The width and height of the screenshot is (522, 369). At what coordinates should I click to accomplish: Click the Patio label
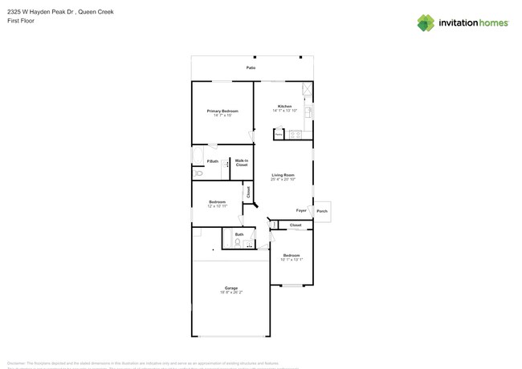[251, 68]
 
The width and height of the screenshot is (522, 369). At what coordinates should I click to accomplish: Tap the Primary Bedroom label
[222, 111]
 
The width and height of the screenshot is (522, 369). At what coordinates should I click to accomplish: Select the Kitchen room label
[284, 106]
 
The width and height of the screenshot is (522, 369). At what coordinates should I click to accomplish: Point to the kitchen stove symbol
[295, 134]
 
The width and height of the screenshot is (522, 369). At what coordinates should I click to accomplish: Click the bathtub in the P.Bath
[198, 156]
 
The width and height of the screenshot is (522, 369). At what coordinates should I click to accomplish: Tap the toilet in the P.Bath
[198, 172]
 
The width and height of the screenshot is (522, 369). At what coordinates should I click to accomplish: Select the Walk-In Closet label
[241, 163]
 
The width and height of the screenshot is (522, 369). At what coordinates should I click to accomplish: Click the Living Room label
[283, 175]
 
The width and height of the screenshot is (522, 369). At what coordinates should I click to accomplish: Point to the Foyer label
[301, 210]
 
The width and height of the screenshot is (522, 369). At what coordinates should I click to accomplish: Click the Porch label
[322, 211]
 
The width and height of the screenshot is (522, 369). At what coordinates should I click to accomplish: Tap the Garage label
[231, 288]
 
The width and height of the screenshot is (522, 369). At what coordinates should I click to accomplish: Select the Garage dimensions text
[231, 293]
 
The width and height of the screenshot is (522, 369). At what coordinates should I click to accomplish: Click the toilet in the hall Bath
[237, 242]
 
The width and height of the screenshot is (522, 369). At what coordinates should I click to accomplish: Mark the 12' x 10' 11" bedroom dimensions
[217, 207]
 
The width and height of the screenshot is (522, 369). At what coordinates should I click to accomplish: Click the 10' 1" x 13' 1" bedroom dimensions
[292, 260]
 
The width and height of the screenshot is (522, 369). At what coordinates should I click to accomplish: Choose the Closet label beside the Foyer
[296, 225]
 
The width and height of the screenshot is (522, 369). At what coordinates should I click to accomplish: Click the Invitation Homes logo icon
[426, 22]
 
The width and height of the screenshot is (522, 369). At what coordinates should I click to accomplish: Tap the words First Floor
[21, 21]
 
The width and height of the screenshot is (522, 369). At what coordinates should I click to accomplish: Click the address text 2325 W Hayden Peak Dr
[39, 11]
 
